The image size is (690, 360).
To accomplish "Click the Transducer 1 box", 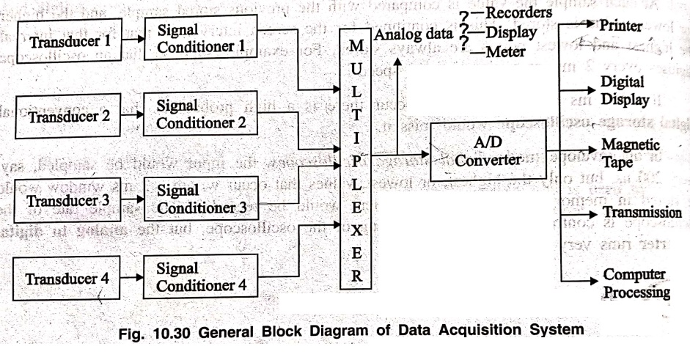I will point(70,42).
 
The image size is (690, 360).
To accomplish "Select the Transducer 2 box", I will point(69,115).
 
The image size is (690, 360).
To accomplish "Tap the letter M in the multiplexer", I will point(356,46).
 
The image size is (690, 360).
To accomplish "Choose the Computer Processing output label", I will point(635,283).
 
